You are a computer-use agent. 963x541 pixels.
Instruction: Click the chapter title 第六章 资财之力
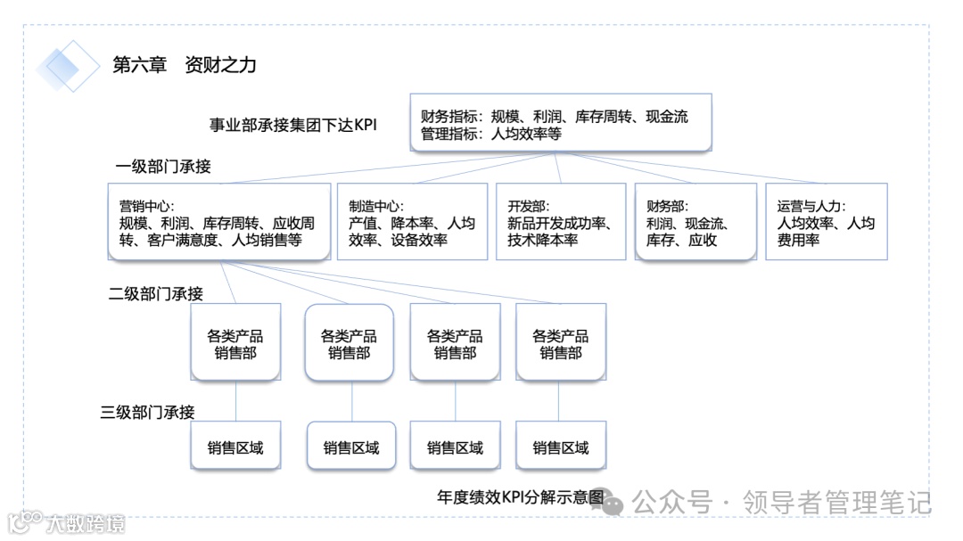point(185,65)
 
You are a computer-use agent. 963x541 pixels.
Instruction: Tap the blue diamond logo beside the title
point(68,66)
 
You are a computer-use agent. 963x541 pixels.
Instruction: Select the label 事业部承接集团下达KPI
point(292,125)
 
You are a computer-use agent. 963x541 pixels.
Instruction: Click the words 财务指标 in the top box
point(450,117)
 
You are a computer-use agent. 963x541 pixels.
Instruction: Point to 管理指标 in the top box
point(450,135)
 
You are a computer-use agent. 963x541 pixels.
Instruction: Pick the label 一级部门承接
point(163,167)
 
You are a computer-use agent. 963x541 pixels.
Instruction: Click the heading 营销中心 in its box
point(144,206)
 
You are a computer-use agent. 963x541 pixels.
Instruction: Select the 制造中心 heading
point(374,206)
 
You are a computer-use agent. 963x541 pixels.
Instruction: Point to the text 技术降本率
point(543,240)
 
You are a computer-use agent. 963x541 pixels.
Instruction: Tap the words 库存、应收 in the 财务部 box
point(681,240)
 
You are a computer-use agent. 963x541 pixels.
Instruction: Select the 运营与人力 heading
point(811,206)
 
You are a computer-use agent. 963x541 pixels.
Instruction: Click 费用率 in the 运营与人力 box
point(798,240)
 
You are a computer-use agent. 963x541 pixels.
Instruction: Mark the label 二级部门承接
point(156,294)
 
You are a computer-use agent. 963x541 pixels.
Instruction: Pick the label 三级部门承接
point(147,412)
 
